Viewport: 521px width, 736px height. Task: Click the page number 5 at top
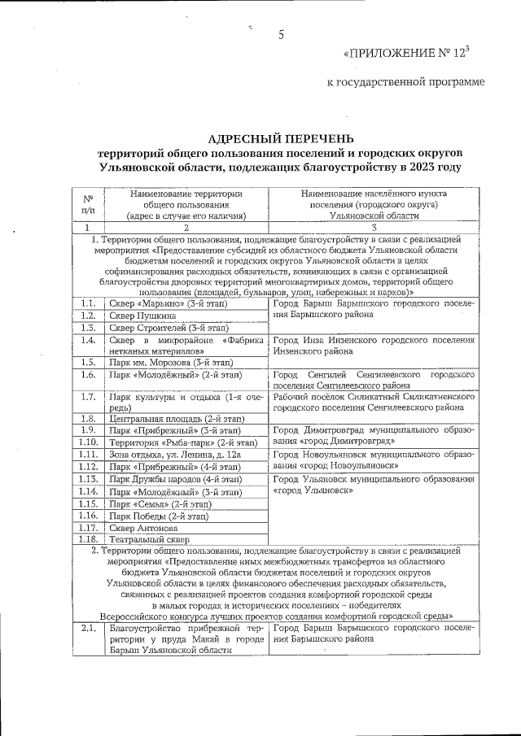(281, 35)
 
